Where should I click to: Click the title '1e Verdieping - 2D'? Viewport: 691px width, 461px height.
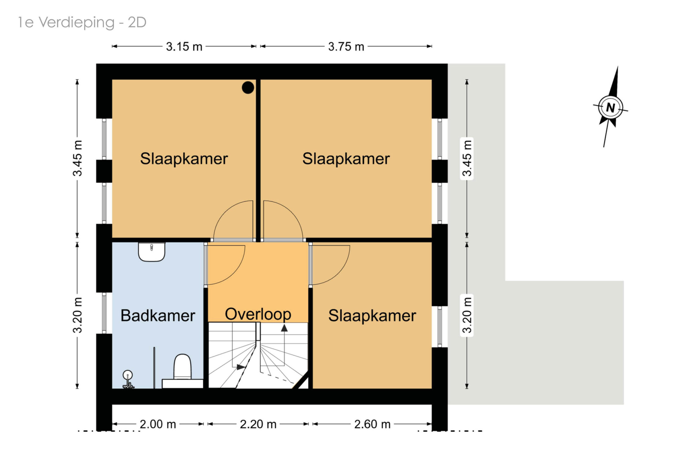click(x=82, y=22)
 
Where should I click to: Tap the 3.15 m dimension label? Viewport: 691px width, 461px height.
click(x=184, y=46)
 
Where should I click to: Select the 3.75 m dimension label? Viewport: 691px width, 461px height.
click(x=346, y=46)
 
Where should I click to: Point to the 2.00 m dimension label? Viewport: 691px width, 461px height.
click(x=158, y=424)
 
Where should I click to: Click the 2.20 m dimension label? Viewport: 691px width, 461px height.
click(x=258, y=424)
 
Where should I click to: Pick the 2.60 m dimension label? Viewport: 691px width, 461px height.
click(x=372, y=424)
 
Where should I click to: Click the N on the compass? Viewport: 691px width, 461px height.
click(x=611, y=108)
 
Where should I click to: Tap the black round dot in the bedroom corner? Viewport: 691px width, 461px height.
click(x=248, y=88)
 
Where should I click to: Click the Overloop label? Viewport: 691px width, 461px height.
click(x=258, y=314)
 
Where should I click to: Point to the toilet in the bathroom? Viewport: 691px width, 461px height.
click(x=182, y=371)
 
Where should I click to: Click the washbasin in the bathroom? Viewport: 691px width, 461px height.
click(x=151, y=252)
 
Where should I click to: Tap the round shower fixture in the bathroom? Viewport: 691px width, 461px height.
click(x=127, y=375)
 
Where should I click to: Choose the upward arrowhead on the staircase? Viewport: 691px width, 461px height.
click(x=284, y=328)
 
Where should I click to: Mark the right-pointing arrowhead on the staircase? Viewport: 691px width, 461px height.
click(x=241, y=367)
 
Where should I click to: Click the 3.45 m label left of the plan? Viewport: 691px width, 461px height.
click(x=77, y=158)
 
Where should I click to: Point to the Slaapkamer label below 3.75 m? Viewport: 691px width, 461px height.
click(x=346, y=159)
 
